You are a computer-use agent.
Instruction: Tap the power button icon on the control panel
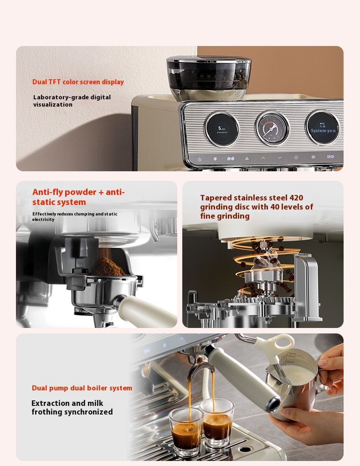coord(200,159)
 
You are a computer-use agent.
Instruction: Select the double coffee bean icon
coord(231,159)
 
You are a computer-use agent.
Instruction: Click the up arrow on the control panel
coord(263,158)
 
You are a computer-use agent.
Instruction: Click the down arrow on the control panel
coord(279,158)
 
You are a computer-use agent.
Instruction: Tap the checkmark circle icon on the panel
coord(296,158)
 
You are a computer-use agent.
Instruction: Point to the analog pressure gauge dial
coord(272,128)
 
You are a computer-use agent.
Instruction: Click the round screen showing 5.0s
coord(222,129)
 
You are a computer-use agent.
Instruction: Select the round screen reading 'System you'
coord(323,128)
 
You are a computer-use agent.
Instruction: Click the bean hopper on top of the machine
coord(209,77)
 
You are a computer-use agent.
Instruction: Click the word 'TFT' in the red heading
coord(55,82)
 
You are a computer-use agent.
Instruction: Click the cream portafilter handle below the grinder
coord(147,311)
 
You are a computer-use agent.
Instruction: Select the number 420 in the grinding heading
coord(296,198)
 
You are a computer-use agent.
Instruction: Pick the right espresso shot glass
coord(217,421)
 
